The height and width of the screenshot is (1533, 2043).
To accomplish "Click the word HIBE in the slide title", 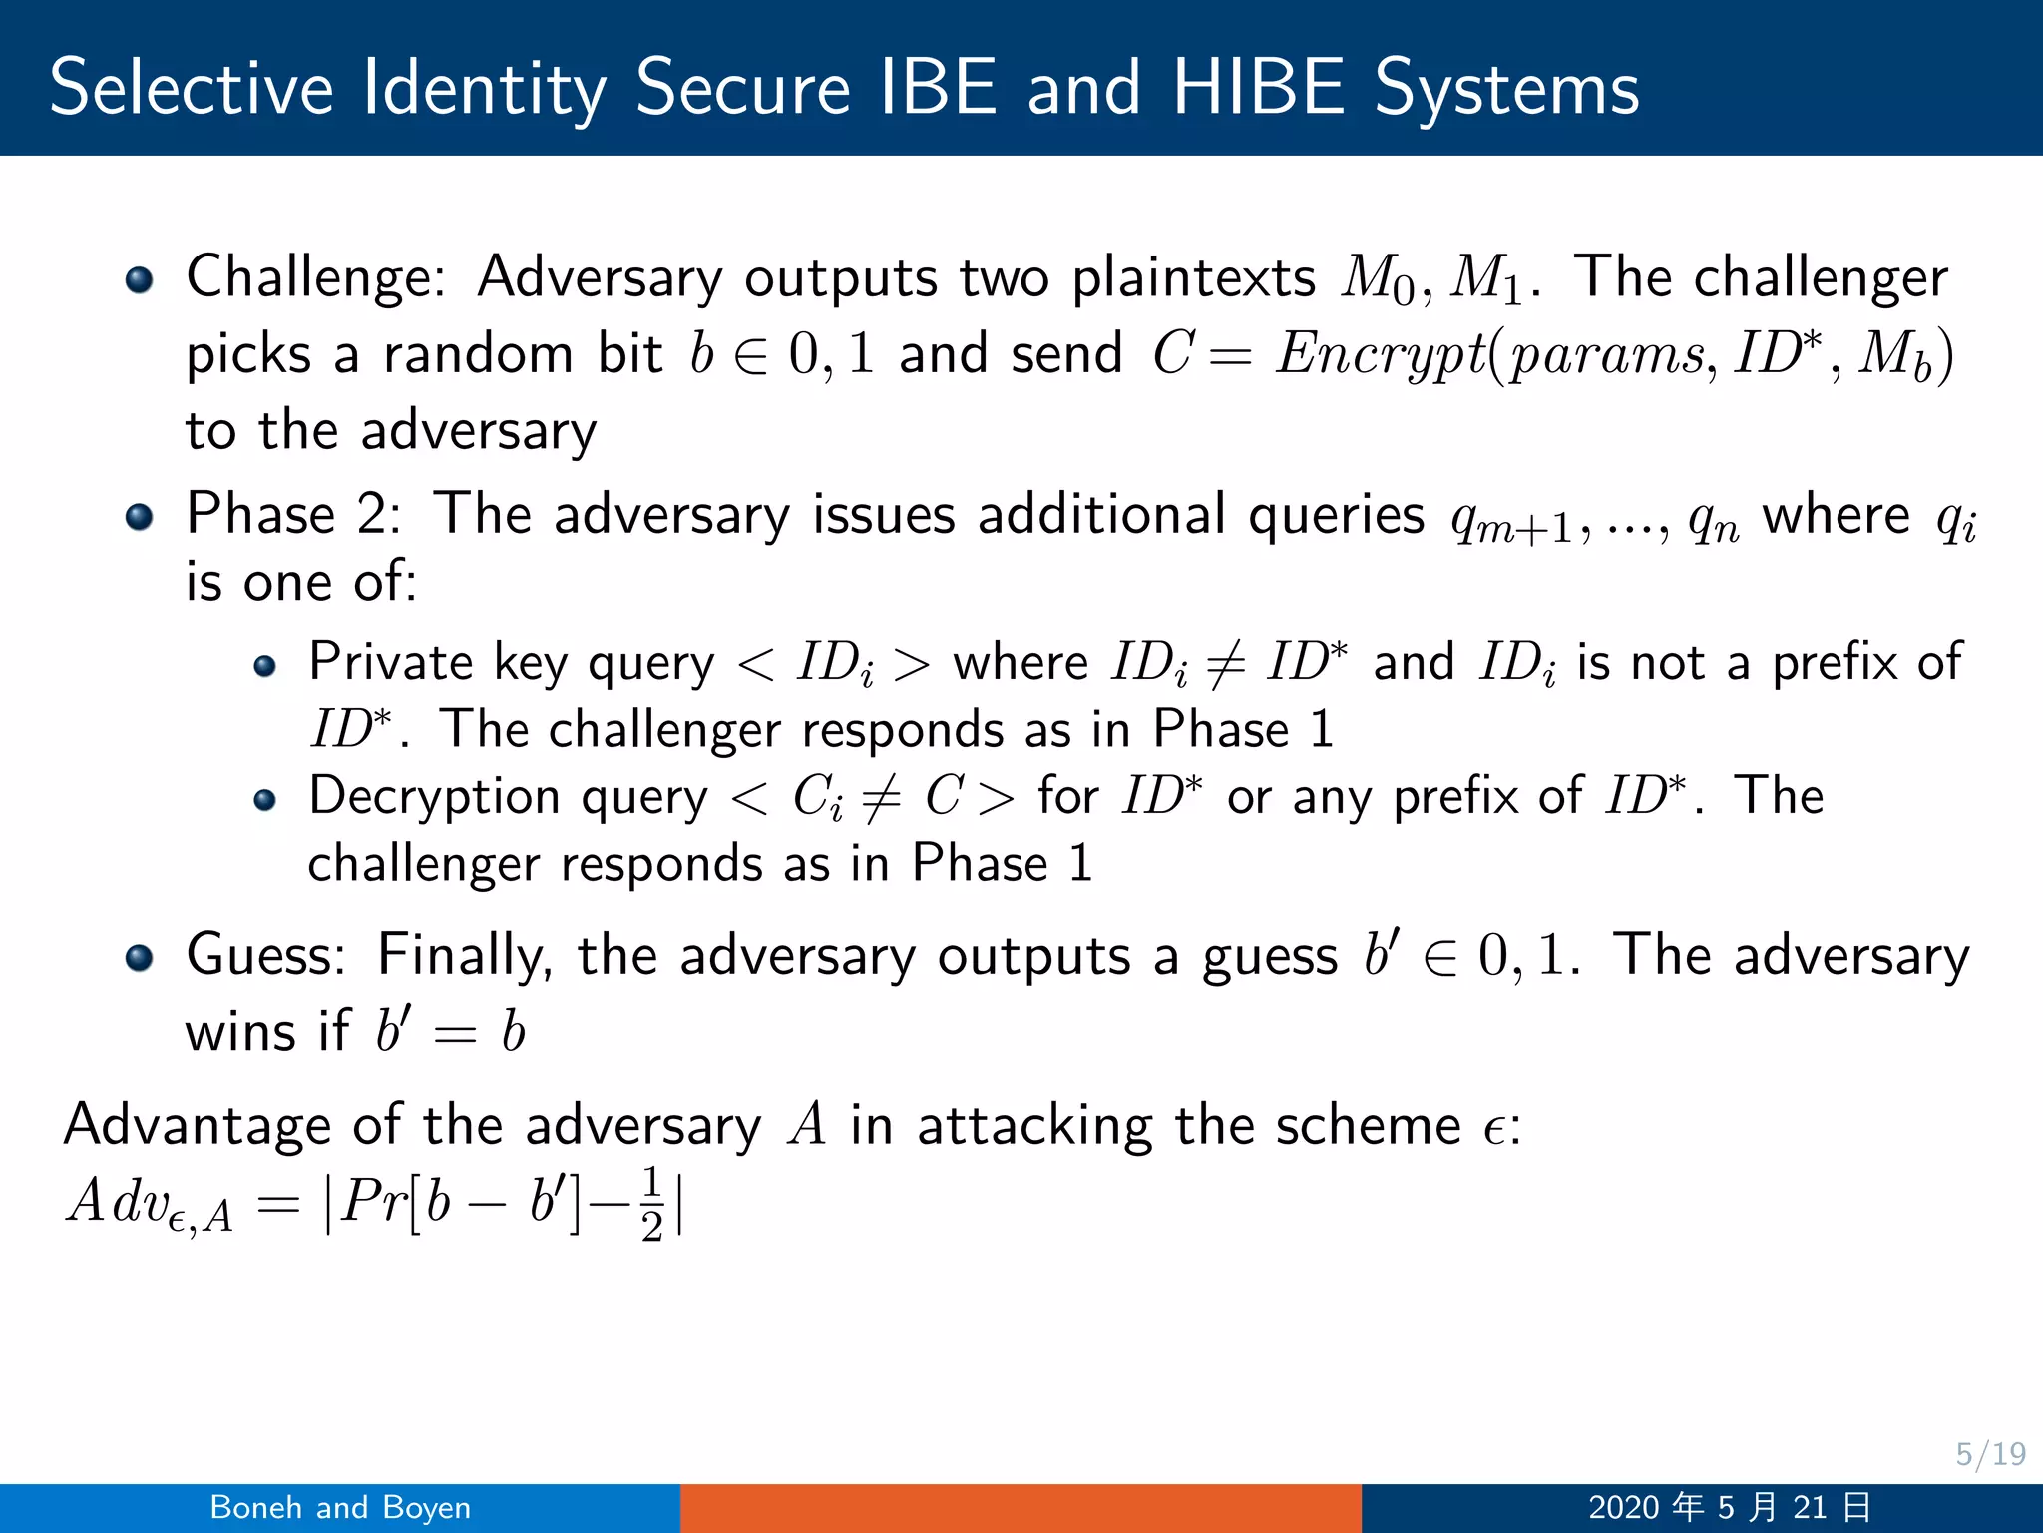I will point(1258,88).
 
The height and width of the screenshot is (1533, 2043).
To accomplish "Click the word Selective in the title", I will point(191,88).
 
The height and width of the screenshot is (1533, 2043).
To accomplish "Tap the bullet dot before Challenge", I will point(140,279).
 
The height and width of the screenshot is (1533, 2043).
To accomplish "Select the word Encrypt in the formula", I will point(1383,355).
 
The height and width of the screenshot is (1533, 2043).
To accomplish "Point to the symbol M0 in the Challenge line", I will point(1378,279).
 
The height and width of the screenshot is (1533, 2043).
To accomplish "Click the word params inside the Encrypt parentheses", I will point(1606,357).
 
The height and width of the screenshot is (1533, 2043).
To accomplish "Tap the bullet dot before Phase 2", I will point(140,517).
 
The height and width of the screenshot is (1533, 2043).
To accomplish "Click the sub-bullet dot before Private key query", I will point(264,666).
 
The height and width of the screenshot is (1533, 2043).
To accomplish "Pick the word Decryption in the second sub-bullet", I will point(435,797).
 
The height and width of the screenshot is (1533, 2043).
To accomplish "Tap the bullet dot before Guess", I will point(140,958).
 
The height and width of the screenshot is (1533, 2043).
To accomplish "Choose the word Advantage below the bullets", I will point(196,1126).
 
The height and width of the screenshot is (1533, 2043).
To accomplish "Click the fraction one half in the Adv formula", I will point(651,1203).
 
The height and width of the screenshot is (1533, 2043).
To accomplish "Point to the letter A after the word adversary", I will point(807,1126).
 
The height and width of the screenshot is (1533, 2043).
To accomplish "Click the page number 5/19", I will point(1990,1454).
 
